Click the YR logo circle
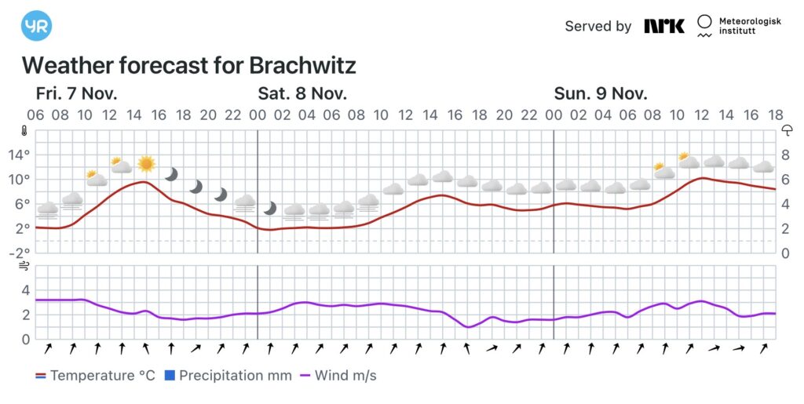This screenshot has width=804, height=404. [36, 26]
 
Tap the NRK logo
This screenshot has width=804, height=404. [663, 26]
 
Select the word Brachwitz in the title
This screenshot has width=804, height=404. [303, 64]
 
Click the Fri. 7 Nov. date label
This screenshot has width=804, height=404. [76, 93]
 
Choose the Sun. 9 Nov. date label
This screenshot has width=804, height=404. [601, 93]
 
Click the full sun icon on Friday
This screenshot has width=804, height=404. [146, 163]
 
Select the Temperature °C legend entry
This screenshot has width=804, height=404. [95, 376]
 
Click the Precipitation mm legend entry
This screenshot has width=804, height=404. [228, 376]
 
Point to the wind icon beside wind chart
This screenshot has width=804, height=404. [26, 267]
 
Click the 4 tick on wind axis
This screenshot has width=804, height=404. [25, 290]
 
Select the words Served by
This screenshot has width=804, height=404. [598, 26]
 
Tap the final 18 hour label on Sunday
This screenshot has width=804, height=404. [776, 115]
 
